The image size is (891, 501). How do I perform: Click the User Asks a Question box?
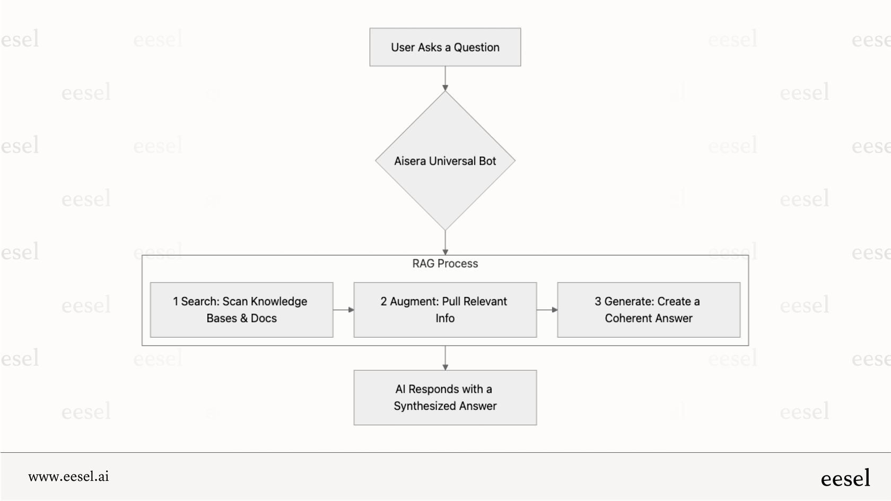(445, 47)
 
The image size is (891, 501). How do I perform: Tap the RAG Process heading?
(445, 263)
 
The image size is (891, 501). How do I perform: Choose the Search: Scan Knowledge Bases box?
(241, 310)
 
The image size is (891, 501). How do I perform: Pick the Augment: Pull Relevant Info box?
(445, 310)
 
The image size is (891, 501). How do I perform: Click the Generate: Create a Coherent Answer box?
(648, 310)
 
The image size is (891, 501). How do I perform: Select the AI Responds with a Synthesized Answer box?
(445, 397)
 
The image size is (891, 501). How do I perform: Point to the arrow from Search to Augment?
(343, 310)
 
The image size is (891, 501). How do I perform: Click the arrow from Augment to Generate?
(547, 310)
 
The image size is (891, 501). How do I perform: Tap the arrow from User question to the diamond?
(445, 78)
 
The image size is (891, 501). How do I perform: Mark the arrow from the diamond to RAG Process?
(445, 243)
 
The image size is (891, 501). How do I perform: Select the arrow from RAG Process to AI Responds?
(445, 358)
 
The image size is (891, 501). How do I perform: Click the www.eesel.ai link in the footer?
(68, 476)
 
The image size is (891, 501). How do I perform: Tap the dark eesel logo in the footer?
(845, 478)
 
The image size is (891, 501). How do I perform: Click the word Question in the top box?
(476, 47)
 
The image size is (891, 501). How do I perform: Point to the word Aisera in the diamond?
(409, 161)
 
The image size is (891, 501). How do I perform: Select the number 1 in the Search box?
(176, 302)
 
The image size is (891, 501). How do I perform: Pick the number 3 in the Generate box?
(598, 302)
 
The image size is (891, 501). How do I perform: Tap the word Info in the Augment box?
(445, 318)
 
